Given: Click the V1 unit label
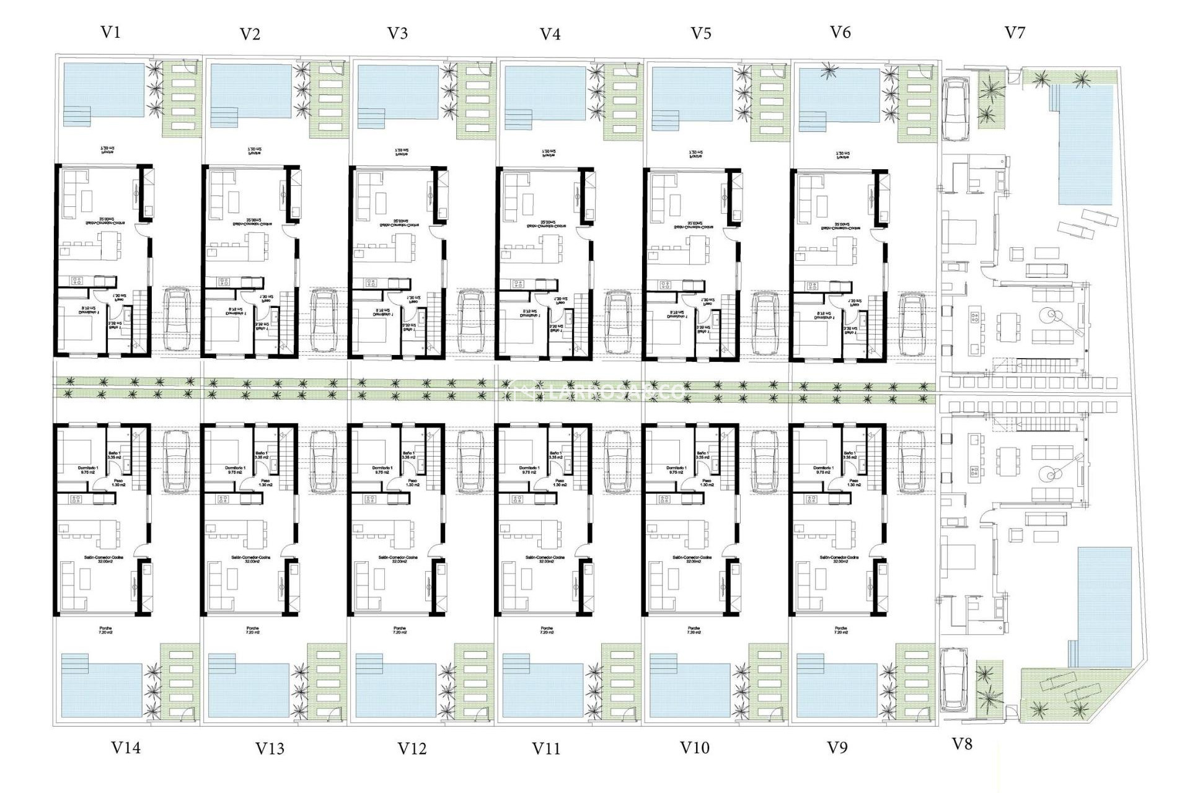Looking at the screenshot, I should click(110, 32).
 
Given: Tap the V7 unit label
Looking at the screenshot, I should click(1015, 32).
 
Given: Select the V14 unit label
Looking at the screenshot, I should click(126, 748).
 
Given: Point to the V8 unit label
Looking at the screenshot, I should click(961, 744).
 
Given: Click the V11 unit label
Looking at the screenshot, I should click(546, 748).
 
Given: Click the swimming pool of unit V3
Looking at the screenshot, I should click(398, 92).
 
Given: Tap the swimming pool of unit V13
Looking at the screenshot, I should click(249, 690).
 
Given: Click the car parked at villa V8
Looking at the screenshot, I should click(953, 680).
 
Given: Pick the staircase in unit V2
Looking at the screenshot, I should click(288, 322).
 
